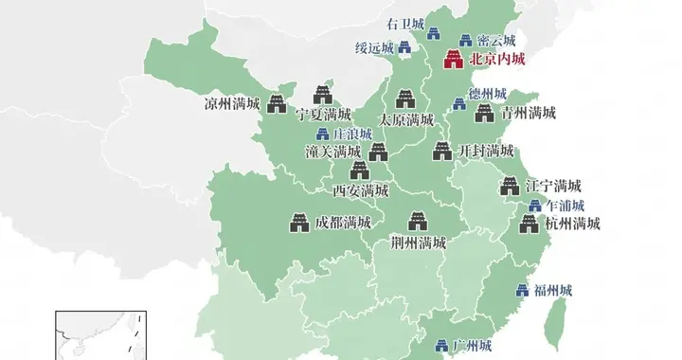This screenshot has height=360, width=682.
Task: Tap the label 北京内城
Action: [496, 60]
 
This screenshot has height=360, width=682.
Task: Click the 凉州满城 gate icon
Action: [276, 102]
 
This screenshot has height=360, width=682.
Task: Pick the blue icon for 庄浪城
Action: [322, 134]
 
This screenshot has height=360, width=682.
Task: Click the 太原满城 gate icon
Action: [405, 99]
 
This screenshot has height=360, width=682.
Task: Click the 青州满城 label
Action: [528, 114]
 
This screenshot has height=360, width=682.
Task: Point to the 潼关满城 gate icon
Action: [378, 151]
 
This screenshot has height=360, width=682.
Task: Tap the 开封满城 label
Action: [486, 152]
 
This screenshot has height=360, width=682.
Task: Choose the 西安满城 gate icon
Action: [360, 171]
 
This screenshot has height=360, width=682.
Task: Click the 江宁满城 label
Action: [553, 186]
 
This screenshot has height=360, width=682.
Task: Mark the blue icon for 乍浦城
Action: [534, 206]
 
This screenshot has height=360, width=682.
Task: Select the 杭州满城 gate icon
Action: [529, 225]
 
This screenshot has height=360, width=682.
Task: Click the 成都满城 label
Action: [343, 225]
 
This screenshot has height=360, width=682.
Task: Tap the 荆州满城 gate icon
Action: [417, 222]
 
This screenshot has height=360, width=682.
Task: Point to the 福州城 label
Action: [553, 290]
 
